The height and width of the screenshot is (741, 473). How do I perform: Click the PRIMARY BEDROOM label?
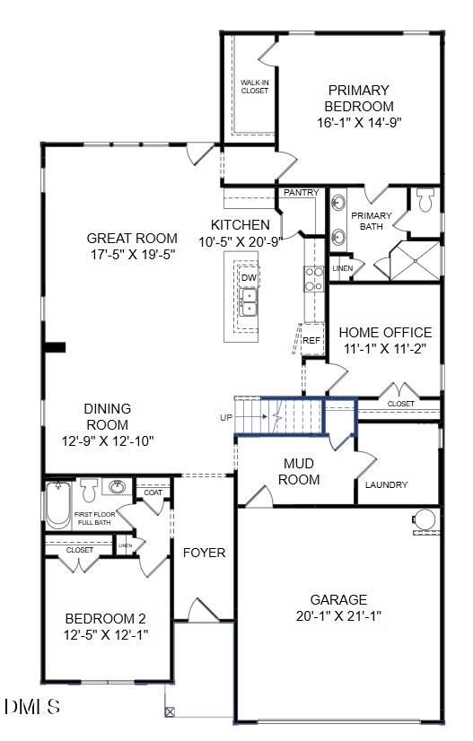pyautogui.click(x=358, y=98)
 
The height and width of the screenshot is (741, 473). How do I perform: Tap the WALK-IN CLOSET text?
pyautogui.click(x=254, y=86)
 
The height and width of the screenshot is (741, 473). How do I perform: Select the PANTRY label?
pyautogui.click(x=301, y=193)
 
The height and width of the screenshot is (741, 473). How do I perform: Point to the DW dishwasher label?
pyautogui.click(x=249, y=278)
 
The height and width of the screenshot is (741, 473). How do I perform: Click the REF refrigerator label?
pyautogui.click(x=311, y=341)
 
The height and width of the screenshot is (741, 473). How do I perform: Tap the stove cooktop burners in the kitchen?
pyautogui.click(x=314, y=279)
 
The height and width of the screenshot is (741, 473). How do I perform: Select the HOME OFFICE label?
pyautogui.click(x=385, y=332)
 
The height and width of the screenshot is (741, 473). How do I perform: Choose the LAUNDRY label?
pyautogui.click(x=386, y=485)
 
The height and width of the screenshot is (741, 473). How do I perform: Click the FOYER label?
pyautogui.click(x=204, y=553)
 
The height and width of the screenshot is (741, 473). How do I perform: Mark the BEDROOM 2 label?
pyautogui.click(x=105, y=618)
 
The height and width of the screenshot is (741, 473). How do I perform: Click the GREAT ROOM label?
pyautogui.click(x=132, y=239)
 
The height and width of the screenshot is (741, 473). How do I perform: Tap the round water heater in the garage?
pyautogui.click(x=424, y=519)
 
